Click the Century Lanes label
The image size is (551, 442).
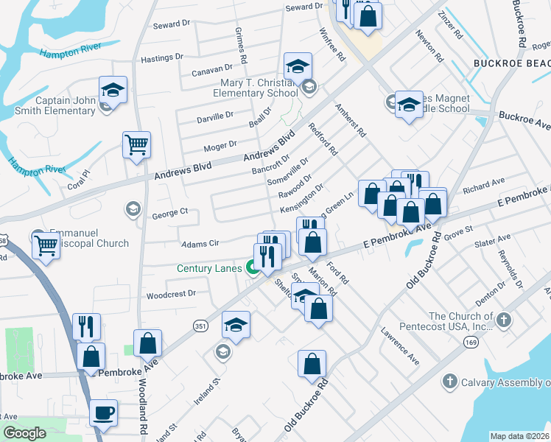[x=209, y=268]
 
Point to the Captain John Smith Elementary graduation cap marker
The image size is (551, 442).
[x=113, y=90]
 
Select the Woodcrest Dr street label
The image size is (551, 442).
[x=170, y=293]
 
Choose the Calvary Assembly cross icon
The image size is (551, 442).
[x=449, y=382]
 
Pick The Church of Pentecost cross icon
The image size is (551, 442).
[x=503, y=320]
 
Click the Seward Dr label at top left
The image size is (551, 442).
[x=171, y=24]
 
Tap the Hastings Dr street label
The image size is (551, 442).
[x=161, y=57]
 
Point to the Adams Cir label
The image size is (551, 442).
[x=200, y=242]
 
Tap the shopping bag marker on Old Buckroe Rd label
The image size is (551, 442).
[x=312, y=363]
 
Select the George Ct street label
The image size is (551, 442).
[x=170, y=213]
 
